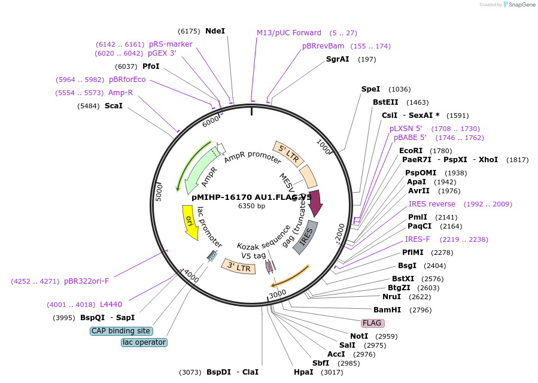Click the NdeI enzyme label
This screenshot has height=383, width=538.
[215, 31]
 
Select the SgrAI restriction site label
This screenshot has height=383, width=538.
[338, 59]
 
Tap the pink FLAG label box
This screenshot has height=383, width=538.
[372, 323]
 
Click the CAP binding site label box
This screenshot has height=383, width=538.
[121, 331]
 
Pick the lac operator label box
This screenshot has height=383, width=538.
[144, 342]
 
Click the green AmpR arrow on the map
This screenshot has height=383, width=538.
[202, 170]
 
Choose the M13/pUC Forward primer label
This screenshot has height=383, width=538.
[289, 33]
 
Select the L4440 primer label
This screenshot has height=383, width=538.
[111, 305]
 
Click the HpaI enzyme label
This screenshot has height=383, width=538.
[303, 372]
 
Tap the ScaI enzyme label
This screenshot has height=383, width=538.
[113, 106]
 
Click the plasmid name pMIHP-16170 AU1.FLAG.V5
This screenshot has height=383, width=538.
[251, 196]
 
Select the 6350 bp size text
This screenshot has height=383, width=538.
[251, 206]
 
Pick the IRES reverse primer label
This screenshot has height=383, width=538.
[432, 204]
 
